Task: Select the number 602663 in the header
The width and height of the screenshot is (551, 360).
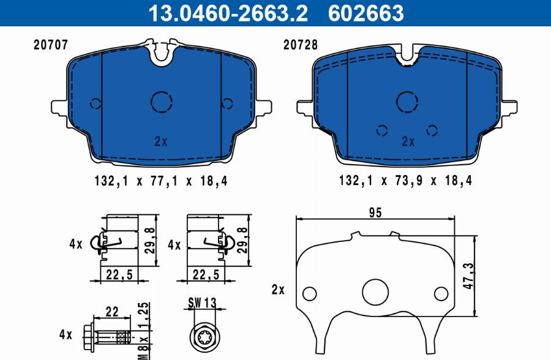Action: [366, 12]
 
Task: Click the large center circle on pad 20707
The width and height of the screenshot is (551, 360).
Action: [162, 102]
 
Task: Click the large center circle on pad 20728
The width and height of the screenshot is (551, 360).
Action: [407, 101]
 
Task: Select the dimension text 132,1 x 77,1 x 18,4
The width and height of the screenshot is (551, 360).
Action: [160, 181]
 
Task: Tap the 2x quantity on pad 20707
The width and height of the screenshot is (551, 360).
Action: [160, 141]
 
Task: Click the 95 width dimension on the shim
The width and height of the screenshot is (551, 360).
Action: [375, 212]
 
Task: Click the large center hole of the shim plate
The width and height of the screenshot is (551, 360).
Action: [375, 291]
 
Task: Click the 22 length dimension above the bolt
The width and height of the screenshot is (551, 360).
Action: [110, 311]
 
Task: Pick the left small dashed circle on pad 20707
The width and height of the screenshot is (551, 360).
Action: [94, 103]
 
